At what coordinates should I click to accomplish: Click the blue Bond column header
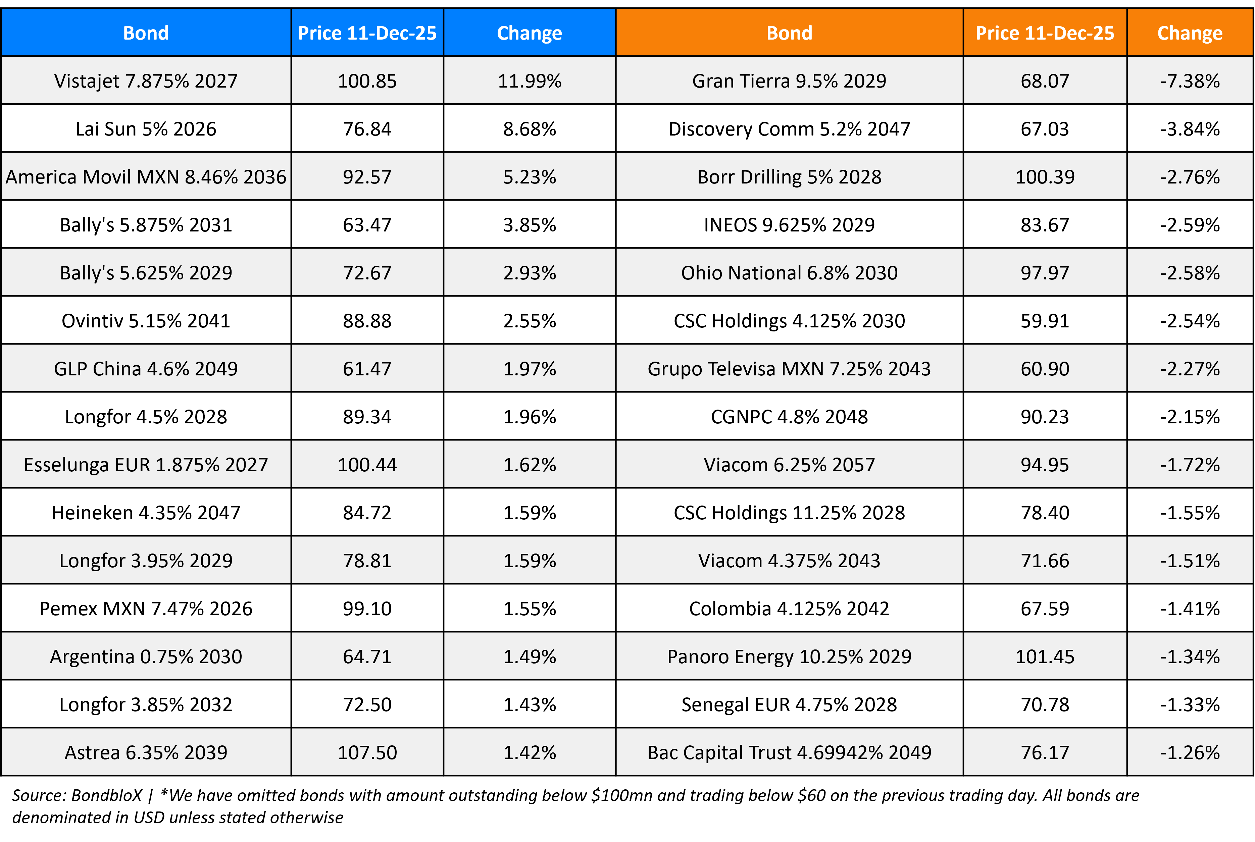click(146, 33)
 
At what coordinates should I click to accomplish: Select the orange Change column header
click(1190, 33)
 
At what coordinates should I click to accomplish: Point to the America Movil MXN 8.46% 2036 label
click(146, 177)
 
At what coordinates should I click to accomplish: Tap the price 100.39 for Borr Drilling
click(1045, 177)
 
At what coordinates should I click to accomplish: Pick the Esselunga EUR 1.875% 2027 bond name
click(146, 465)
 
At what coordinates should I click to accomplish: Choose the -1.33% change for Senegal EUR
click(1190, 704)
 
